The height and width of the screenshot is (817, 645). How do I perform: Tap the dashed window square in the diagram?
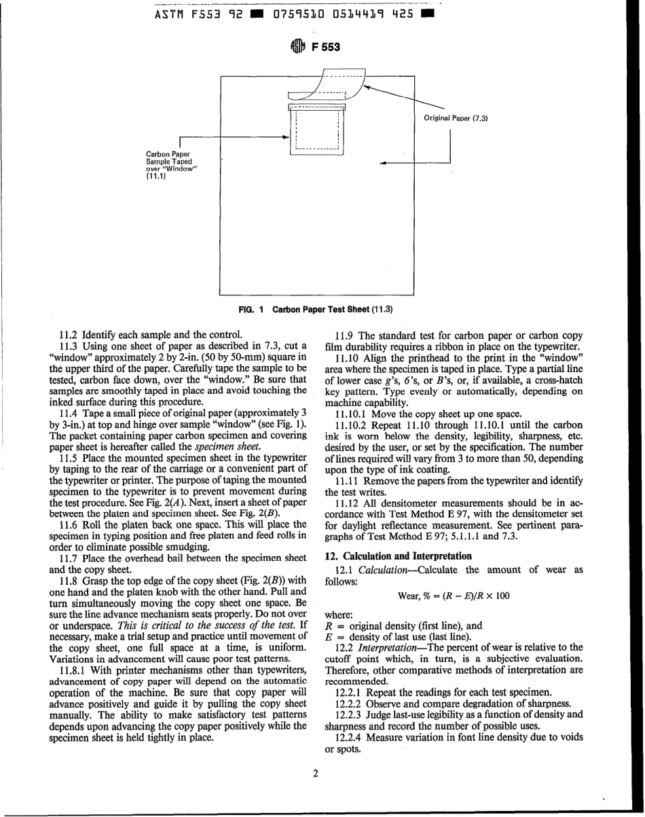(316, 130)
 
